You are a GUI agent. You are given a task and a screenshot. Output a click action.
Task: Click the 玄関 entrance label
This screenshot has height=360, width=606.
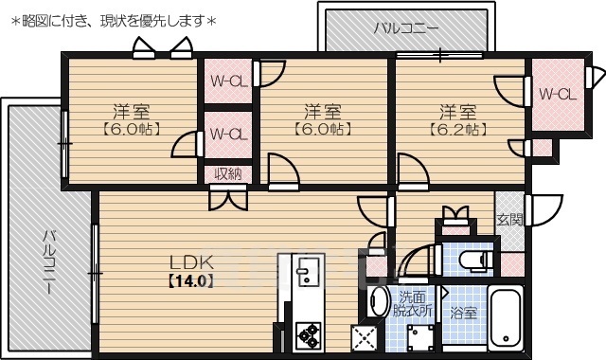509,220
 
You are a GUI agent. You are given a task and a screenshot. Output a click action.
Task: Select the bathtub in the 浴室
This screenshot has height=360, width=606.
506,316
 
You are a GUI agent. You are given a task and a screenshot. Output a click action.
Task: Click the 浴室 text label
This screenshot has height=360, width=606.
463,313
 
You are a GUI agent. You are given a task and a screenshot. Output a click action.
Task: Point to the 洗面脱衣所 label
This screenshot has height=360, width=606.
414,303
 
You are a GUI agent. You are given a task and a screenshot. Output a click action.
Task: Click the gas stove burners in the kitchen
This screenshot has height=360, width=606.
308,334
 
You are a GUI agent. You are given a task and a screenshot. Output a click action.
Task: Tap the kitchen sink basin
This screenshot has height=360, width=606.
305,276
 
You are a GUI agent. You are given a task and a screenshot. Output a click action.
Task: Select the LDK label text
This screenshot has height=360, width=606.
192,261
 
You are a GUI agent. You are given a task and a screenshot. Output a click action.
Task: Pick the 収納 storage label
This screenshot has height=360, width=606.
227,173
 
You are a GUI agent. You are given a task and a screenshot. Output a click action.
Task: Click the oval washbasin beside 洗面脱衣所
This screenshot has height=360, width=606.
377,302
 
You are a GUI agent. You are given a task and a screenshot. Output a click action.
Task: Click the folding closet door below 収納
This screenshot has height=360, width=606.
227,196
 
